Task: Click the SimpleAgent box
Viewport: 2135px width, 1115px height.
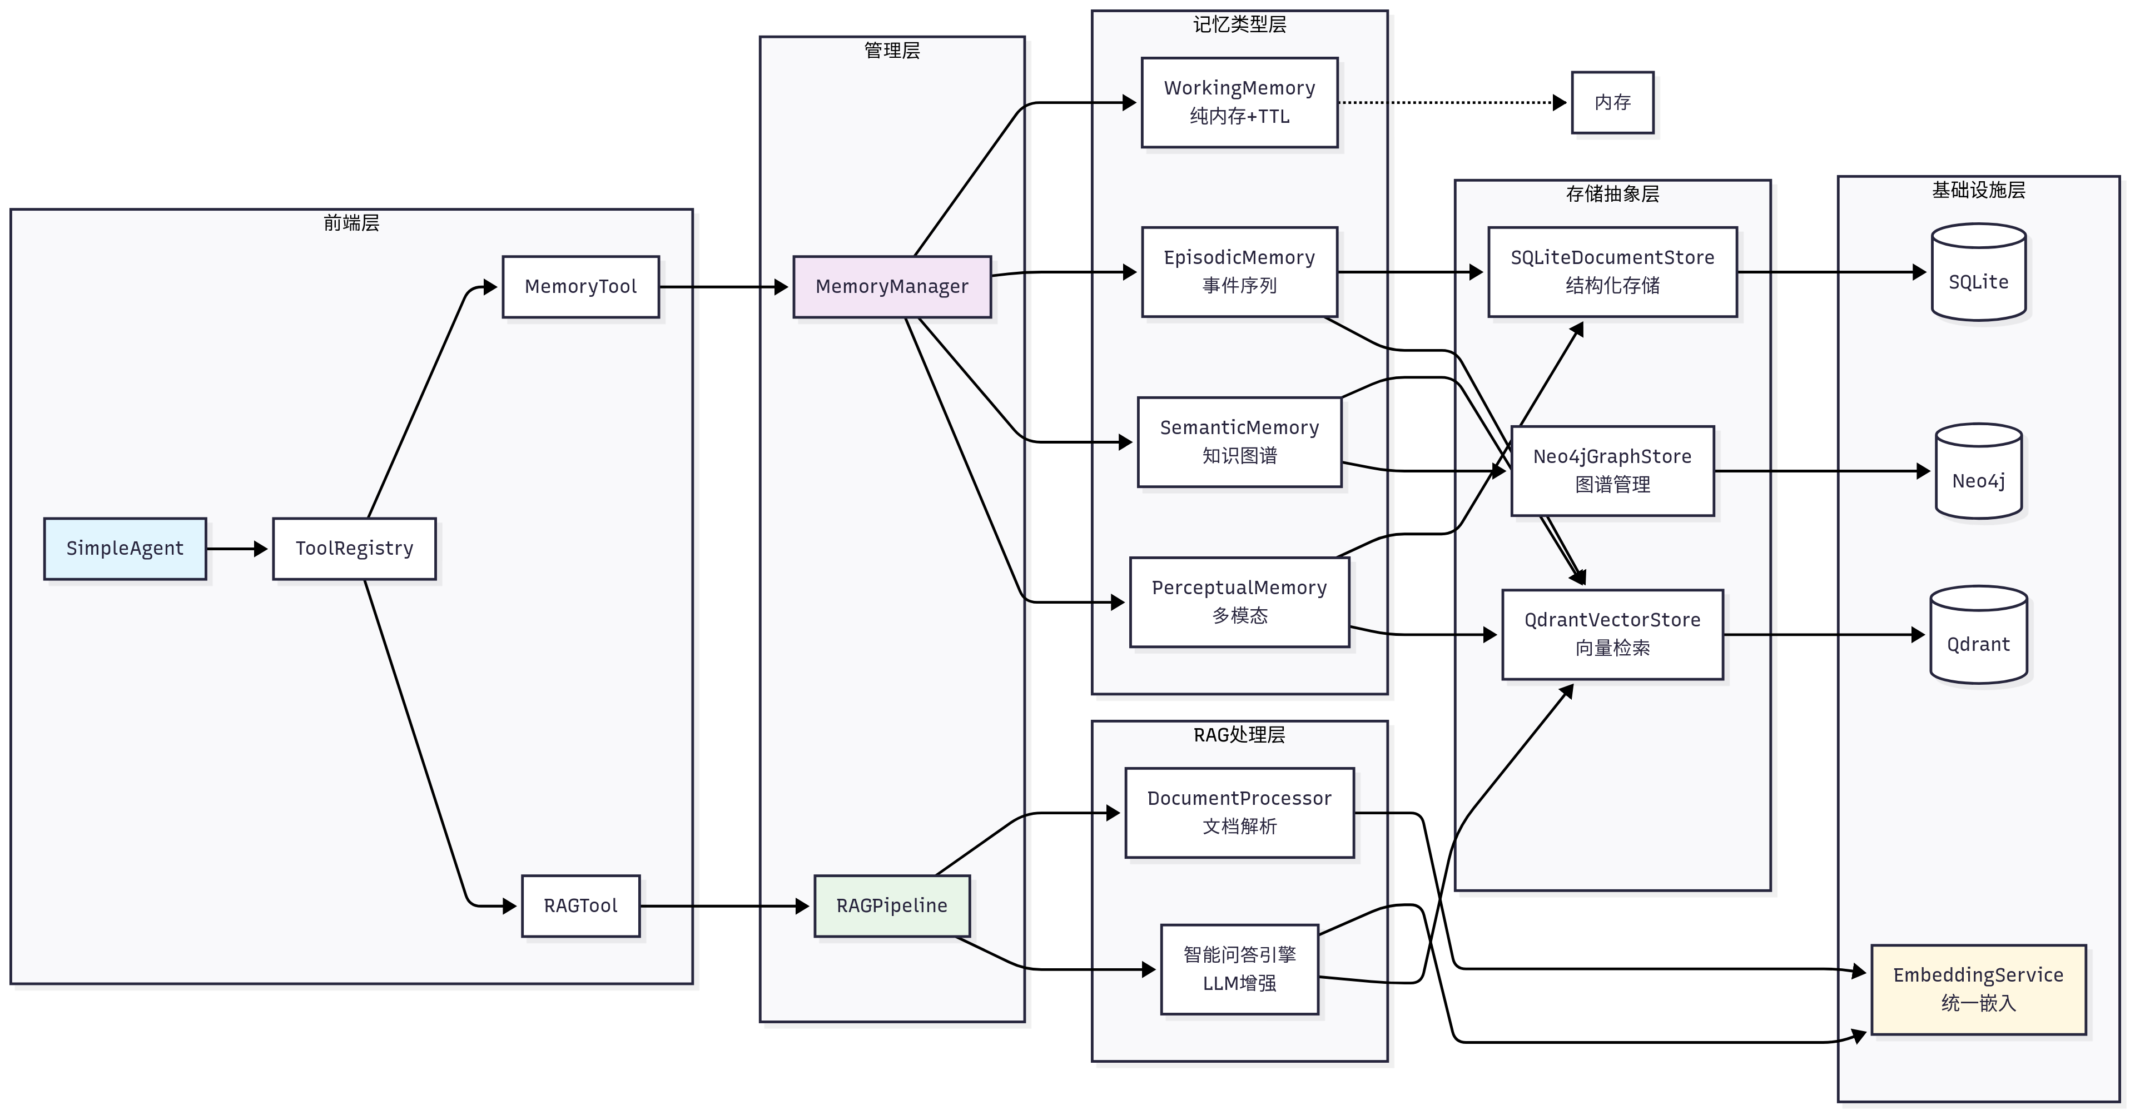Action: pos(125,549)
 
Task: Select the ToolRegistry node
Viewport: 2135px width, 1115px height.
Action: pos(354,549)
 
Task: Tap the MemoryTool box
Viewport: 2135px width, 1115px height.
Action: pos(580,287)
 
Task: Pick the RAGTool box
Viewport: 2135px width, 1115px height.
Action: pos(580,905)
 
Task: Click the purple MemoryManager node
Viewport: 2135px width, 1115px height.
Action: pos(892,287)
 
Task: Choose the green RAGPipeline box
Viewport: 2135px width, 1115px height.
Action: pos(892,905)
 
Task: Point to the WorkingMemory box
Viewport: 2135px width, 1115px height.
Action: pos(1239,102)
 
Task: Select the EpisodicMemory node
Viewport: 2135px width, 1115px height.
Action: pos(1239,272)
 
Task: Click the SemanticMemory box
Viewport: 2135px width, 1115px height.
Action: pos(1239,441)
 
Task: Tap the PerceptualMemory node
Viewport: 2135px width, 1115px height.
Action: pos(1239,601)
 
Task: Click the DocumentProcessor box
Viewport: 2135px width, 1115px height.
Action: pos(1239,813)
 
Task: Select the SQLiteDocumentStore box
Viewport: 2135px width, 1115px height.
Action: pos(1612,272)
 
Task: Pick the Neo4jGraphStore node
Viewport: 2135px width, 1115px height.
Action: pos(1612,471)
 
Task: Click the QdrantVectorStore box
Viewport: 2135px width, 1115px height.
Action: pos(1612,635)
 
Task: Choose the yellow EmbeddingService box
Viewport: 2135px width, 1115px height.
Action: pos(1978,989)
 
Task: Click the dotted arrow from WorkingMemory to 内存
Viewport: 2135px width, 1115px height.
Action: pos(1451,103)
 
